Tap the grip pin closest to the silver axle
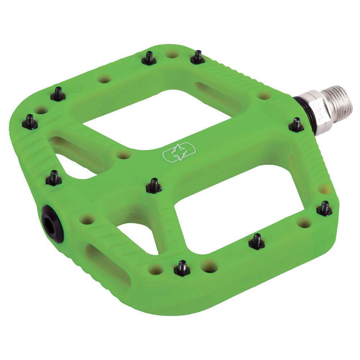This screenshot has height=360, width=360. pyautogui.click(x=296, y=125)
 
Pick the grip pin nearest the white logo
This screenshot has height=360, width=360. pyautogui.click(x=154, y=185)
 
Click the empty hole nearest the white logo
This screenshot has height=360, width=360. pyautogui.click(x=123, y=155)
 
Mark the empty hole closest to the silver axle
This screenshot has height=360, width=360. pyautogui.click(x=264, y=95)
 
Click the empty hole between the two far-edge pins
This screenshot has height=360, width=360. pyautogui.click(x=172, y=54)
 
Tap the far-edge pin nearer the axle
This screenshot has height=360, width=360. pyautogui.click(x=197, y=57)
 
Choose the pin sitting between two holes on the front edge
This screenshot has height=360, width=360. pyautogui.click(x=182, y=268)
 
